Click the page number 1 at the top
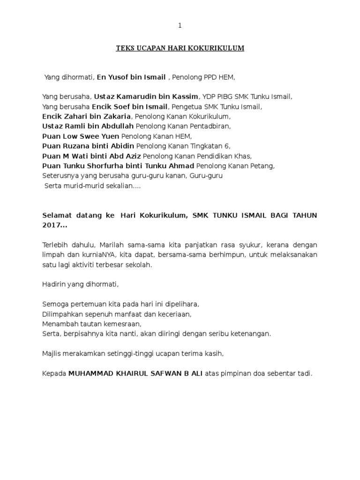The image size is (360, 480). click(180, 26)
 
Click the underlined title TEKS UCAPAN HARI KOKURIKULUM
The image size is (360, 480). click(180, 48)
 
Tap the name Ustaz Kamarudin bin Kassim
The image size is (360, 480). click(147, 97)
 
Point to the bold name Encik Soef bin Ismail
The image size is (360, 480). click(129, 106)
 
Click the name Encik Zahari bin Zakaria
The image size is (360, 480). click(88, 116)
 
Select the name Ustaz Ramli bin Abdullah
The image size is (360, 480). click(88, 126)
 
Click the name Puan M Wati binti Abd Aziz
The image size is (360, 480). click(91, 156)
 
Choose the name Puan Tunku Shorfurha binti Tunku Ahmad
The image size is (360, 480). click(118, 165)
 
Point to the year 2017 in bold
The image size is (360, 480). click(52, 225)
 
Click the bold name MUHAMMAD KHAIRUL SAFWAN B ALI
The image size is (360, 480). click(136, 374)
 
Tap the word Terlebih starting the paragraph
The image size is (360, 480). click(55, 245)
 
